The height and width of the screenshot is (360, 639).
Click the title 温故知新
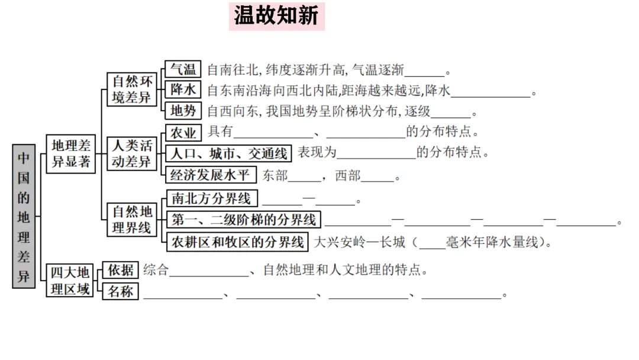coord(277,16)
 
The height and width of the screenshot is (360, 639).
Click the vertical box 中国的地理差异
coord(24,216)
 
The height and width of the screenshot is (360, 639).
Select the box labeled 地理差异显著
coord(71,153)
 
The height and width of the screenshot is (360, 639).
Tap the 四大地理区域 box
coord(70,280)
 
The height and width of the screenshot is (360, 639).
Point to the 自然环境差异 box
coord(132,89)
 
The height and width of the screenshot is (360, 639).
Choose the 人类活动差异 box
coord(132,153)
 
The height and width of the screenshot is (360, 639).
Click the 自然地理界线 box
coord(132,219)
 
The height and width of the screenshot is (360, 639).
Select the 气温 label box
coord(183,69)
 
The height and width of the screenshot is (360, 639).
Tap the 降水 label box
coord(183,90)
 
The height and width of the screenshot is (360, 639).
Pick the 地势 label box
coord(183,111)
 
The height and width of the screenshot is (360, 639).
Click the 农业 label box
coord(183,131)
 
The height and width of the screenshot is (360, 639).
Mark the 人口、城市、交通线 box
coord(228,153)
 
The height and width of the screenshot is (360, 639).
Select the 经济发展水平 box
coord(210,175)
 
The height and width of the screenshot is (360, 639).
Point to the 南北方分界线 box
coord(211,198)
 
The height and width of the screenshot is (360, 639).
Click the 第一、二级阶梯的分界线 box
coord(244,220)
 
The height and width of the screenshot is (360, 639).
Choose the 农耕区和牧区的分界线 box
coord(237,242)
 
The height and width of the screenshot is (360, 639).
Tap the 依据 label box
coord(121,270)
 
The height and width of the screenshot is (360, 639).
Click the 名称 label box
coord(121,291)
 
